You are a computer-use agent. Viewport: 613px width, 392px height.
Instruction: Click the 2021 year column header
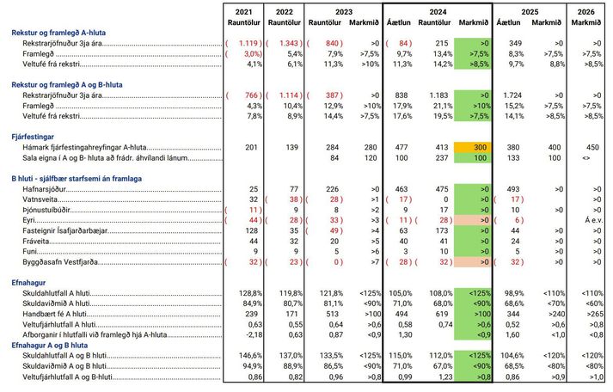click(243, 12)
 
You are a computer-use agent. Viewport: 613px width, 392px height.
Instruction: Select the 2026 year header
click(585, 12)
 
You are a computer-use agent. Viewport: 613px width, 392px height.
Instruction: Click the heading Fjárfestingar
click(33, 137)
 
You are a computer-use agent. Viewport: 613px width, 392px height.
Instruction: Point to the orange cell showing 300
click(472, 147)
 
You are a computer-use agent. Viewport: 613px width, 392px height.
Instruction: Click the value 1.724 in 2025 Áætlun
click(512, 95)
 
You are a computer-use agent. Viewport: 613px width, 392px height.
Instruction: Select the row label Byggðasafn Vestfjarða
click(60, 262)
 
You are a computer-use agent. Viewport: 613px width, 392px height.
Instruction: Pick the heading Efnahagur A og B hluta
click(49, 346)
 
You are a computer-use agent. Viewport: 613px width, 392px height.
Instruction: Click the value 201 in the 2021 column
click(251, 147)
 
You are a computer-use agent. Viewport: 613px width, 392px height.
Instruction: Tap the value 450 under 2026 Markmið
click(592, 147)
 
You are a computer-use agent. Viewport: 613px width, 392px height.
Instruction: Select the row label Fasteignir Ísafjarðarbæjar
click(64, 230)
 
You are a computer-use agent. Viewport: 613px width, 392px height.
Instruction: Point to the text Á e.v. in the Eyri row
click(593, 220)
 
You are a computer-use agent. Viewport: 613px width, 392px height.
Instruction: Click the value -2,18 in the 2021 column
click(252, 335)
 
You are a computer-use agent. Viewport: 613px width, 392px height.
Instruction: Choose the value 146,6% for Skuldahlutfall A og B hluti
click(250, 356)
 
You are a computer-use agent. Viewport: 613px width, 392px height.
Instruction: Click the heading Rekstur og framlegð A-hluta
click(58, 33)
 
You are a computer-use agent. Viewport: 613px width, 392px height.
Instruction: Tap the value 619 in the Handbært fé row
click(441, 315)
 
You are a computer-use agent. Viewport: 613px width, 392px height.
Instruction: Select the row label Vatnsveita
click(40, 199)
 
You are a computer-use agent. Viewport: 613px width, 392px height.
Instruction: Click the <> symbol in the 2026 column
click(585, 158)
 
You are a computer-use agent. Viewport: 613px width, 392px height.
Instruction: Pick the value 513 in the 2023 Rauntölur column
click(333, 315)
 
